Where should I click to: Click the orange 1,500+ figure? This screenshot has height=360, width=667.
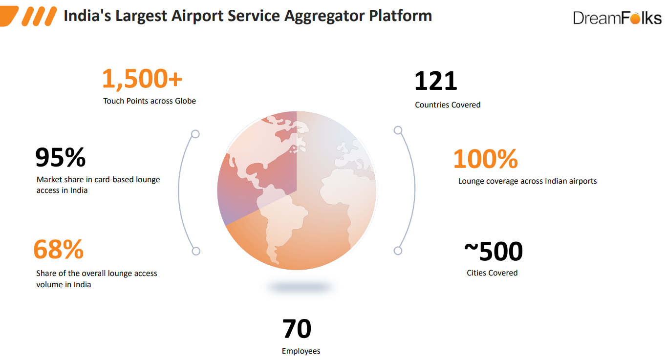(x=142, y=79)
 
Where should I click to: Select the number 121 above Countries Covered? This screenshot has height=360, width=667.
(x=436, y=81)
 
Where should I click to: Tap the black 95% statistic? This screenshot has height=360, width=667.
(x=61, y=157)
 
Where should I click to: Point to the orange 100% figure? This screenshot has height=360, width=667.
(x=486, y=159)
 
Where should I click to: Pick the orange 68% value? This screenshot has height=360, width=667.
(x=59, y=249)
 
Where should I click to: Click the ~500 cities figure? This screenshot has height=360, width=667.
(x=494, y=251)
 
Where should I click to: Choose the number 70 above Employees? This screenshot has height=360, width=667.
(x=297, y=329)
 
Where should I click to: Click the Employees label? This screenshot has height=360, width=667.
(x=301, y=351)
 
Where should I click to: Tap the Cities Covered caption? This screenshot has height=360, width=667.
(x=492, y=273)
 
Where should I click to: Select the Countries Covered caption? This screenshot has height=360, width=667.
(x=448, y=105)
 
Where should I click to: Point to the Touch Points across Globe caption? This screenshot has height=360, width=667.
(x=150, y=101)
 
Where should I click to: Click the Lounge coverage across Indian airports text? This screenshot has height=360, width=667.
(x=527, y=181)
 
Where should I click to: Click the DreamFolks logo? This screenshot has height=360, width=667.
(x=617, y=18)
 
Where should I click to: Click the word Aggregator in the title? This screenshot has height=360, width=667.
(x=324, y=16)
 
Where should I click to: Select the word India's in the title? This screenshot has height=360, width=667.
(x=87, y=16)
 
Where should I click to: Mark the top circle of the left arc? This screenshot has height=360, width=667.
(x=195, y=134)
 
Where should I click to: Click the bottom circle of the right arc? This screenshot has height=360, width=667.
(x=398, y=251)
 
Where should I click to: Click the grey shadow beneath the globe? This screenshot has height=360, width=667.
(x=299, y=287)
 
